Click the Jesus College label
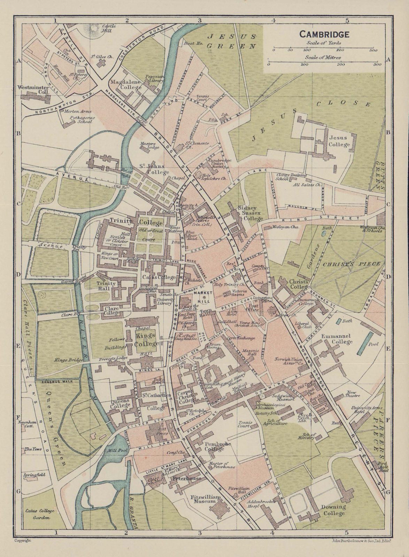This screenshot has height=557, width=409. pyautogui.click(x=339, y=141)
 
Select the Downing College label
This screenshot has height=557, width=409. pyautogui.click(x=333, y=510)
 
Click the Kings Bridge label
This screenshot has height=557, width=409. pyautogui.click(x=66, y=360)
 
